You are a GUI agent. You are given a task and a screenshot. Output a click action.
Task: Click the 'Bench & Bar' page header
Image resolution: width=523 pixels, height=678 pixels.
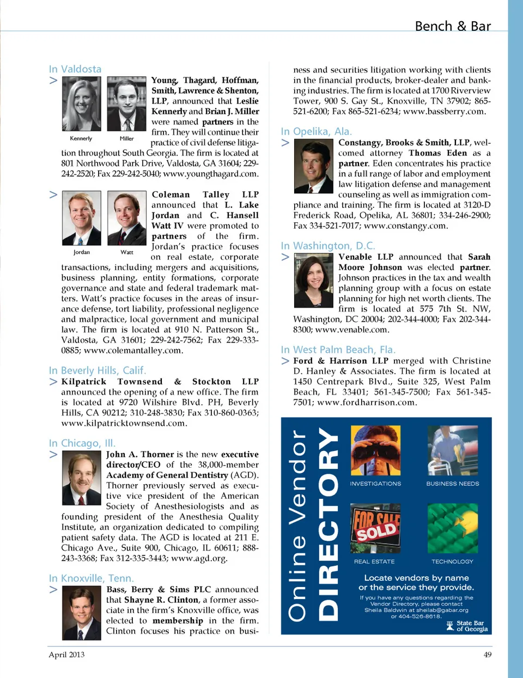(452, 26)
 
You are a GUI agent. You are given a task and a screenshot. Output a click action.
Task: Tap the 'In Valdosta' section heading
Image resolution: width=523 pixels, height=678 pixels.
(75, 69)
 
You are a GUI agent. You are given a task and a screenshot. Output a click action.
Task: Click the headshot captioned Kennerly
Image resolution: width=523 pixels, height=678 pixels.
(81, 104)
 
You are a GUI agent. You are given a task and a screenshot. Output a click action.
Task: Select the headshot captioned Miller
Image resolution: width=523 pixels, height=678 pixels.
(126, 104)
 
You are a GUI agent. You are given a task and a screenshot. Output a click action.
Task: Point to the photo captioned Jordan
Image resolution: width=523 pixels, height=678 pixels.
(81, 218)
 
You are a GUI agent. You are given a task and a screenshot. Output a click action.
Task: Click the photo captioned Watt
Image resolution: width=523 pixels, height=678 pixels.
(126, 218)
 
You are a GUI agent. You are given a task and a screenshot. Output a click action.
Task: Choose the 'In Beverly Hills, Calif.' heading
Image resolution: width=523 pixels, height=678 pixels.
(97, 370)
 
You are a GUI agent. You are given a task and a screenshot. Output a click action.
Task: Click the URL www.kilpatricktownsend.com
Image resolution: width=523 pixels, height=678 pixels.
(124, 423)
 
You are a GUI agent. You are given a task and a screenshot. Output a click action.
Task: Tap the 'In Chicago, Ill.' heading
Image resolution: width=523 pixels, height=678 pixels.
(82, 443)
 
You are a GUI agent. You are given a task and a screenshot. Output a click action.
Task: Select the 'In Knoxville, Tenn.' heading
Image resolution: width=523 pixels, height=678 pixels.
(91, 578)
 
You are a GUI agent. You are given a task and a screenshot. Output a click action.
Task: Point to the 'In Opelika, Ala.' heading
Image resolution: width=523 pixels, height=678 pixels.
(317, 131)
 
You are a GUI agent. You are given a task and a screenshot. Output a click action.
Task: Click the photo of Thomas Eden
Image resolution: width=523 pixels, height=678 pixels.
(313, 166)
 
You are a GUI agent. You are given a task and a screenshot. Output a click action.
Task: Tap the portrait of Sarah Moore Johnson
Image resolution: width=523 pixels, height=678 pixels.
(313, 281)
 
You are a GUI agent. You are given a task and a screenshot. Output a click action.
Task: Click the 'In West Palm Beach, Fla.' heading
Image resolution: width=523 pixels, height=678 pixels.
(338, 350)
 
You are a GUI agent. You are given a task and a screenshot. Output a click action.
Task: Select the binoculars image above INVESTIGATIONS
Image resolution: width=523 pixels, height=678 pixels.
(375, 450)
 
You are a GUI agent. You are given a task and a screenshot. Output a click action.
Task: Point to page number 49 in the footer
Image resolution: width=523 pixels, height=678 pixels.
(487, 655)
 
